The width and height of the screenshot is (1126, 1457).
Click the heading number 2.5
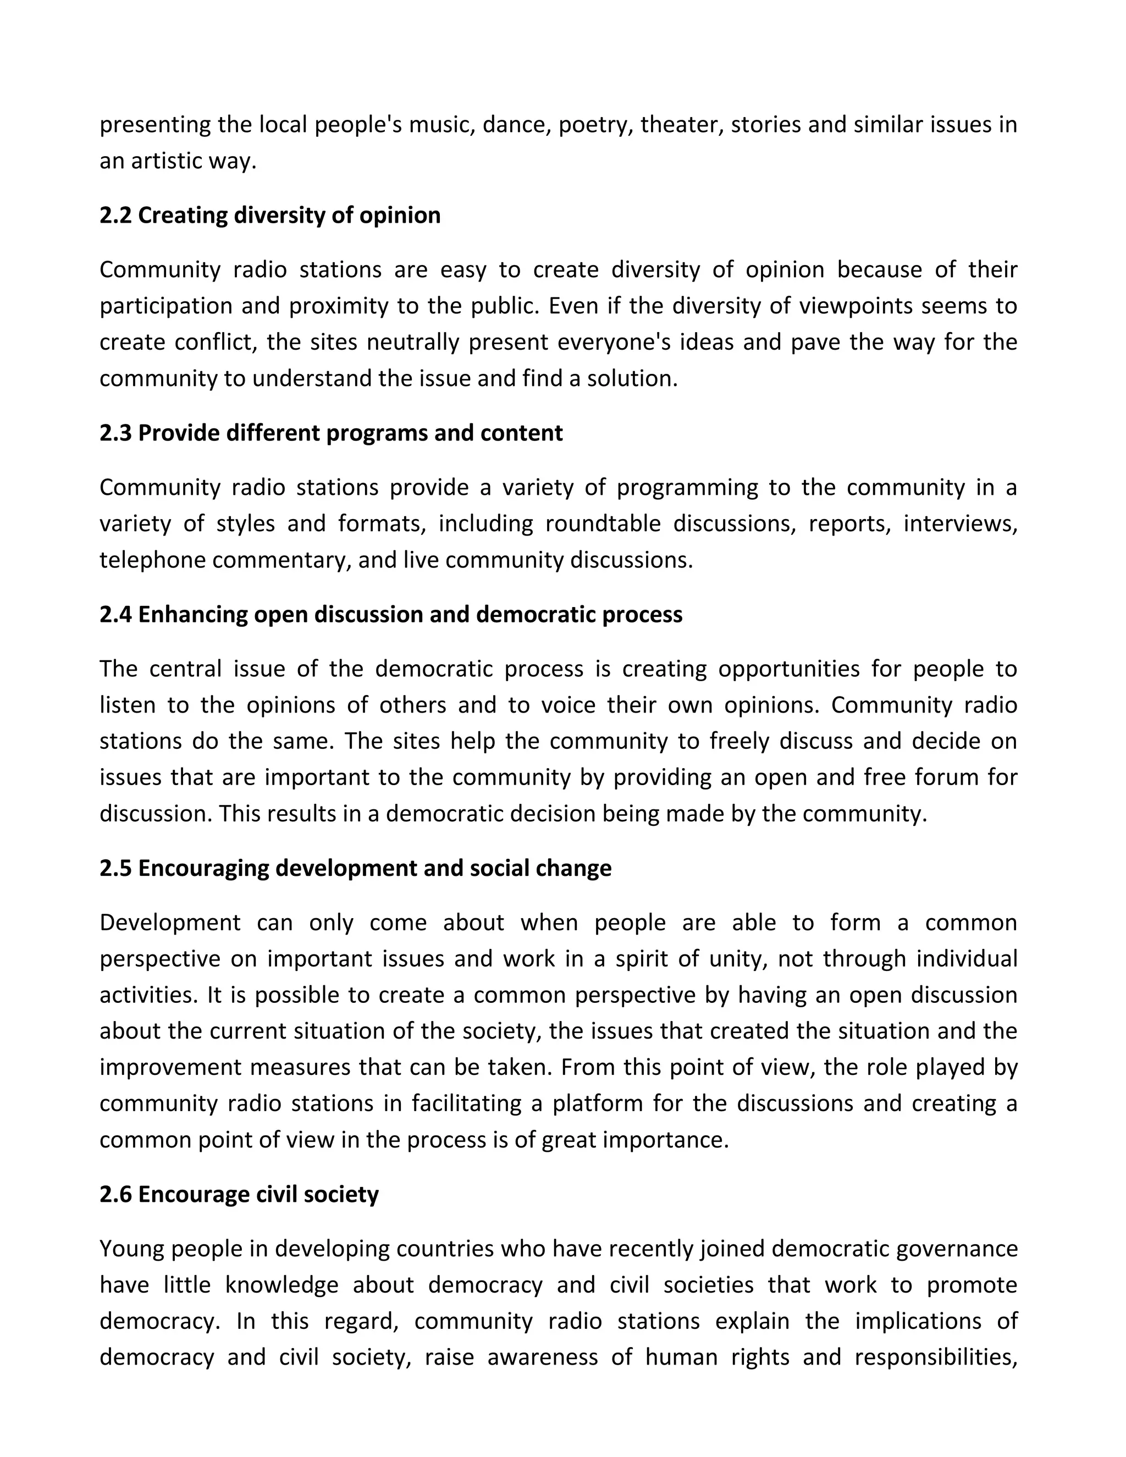(116, 869)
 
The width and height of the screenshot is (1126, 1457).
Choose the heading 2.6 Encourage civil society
(239, 1194)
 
